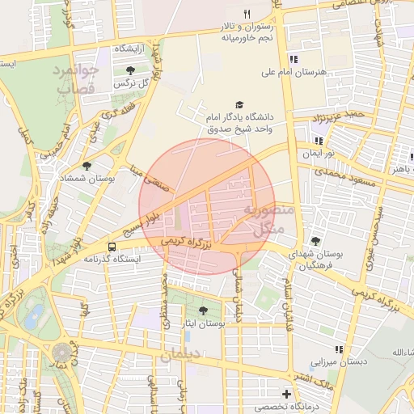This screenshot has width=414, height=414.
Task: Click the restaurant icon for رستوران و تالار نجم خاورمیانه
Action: tap(247, 15)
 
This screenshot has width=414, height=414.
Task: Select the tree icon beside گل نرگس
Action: tap(131, 70)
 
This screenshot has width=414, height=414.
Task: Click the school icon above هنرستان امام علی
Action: tap(294, 59)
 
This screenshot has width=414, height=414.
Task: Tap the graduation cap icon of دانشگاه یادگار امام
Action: tap(239, 105)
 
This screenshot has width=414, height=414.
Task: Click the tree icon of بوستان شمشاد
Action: tap(87, 166)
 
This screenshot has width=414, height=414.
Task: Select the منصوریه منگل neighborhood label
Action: tap(264, 221)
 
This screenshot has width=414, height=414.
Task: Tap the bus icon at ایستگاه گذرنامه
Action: tap(112, 247)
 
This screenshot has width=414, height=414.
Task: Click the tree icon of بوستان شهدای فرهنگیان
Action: tap(315, 241)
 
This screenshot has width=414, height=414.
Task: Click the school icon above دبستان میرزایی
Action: tap(340, 349)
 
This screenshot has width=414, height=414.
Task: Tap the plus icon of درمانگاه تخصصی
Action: tap(286, 394)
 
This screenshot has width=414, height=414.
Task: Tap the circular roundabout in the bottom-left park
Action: tap(61, 353)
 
